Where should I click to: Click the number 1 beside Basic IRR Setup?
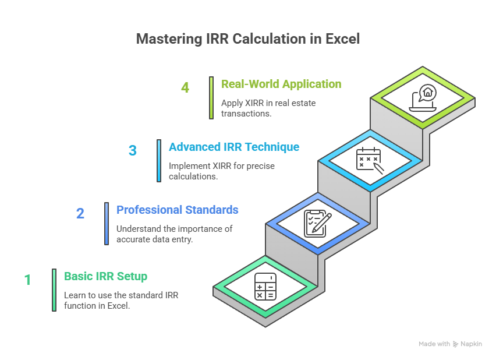click(27, 280)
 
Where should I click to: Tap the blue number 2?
click(80, 213)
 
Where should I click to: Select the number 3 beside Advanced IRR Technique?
click(133, 150)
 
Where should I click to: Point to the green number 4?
click(185, 87)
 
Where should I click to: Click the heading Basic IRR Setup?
click(105, 276)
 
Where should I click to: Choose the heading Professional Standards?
click(177, 210)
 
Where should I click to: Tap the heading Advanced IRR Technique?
click(234, 147)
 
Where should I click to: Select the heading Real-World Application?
click(281, 84)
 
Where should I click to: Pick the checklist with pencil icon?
click(317, 223)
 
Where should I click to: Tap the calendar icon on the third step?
click(369, 160)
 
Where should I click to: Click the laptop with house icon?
click(423, 97)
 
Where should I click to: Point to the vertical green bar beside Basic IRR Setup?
click(54, 290)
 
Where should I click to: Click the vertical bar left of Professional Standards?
click(107, 223)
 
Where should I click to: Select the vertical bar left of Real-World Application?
click(211, 98)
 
